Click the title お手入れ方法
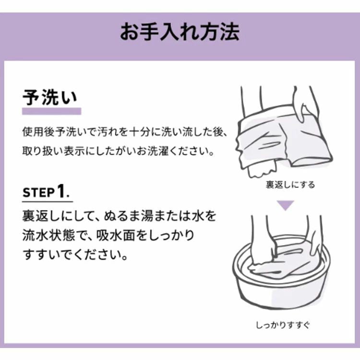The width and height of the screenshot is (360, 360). pos(180,32)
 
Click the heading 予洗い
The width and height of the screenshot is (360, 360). pos(49,97)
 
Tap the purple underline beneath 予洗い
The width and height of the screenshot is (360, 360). pos(52,111)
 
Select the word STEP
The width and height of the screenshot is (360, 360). pos(38,192)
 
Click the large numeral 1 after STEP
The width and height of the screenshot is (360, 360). pos(61,191)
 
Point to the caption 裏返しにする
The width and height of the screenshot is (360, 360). pos(290,185)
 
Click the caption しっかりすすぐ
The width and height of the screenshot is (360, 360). pos(283,325)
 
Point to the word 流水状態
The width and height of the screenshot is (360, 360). pos(48,236)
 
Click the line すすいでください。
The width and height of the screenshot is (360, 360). pos(75,255)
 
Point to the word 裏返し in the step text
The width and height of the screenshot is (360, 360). pos(42,216)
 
